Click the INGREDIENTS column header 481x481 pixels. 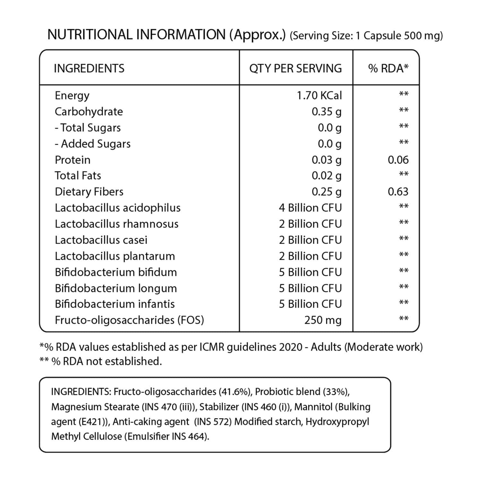click(89, 68)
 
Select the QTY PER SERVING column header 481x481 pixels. click(295, 68)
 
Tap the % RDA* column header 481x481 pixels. click(388, 68)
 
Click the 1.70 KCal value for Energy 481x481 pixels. click(319, 95)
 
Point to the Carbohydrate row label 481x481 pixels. click(89, 111)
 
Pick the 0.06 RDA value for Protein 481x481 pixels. click(398, 160)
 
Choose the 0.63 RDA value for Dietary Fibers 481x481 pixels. click(398, 192)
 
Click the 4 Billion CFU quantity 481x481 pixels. click(310, 208)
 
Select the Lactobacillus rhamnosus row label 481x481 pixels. click(116, 224)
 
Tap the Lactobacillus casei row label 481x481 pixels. click(101, 240)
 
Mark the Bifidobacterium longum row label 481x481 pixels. click(116, 288)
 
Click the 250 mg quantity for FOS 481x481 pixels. click(322, 320)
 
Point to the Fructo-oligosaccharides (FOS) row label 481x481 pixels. click(129, 320)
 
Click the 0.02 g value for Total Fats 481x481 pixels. click(326, 176)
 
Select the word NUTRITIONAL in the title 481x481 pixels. click(90, 35)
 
